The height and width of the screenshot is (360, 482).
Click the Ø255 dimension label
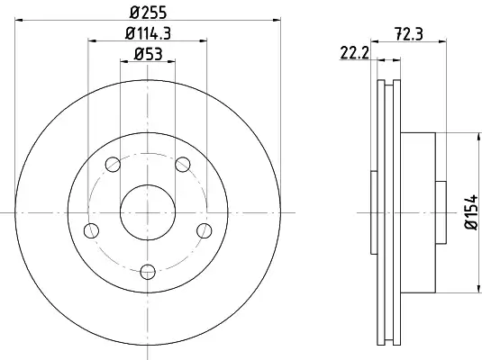148,13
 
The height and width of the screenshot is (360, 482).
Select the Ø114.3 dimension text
148,33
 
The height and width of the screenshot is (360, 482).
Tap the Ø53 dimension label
148,54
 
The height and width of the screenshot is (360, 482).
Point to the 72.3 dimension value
409,33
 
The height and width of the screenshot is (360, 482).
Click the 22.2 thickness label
354,53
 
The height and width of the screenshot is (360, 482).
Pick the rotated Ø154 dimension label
471,211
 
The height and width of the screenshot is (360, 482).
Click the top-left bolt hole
113,165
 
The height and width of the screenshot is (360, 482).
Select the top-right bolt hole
183,165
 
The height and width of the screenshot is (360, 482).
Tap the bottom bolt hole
148,272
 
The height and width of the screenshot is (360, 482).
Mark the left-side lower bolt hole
91,230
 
